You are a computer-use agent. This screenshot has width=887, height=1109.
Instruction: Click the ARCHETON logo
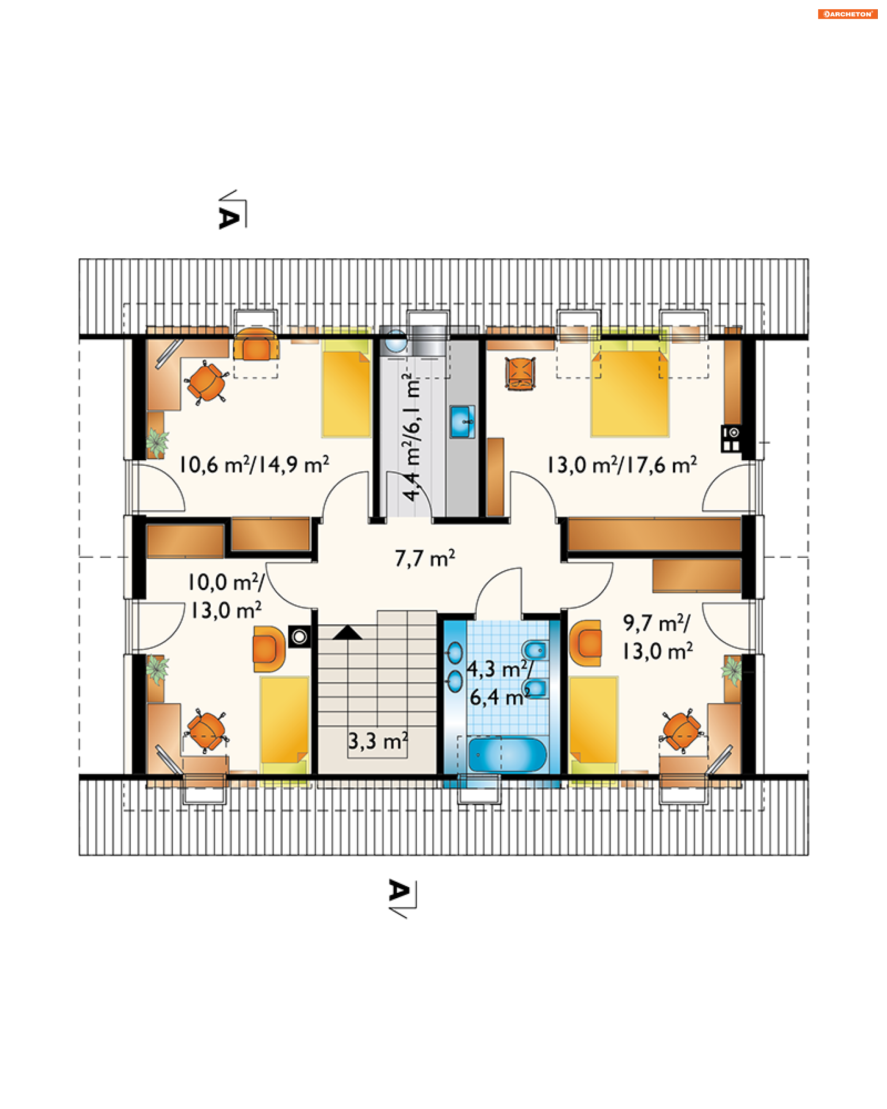pyautogui.click(x=847, y=14)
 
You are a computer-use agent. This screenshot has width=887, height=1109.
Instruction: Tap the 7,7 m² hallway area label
pyautogui.click(x=425, y=558)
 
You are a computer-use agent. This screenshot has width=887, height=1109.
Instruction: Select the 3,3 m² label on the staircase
pyautogui.click(x=378, y=741)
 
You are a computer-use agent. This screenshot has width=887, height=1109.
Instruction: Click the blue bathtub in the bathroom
pyautogui.click(x=507, y=755)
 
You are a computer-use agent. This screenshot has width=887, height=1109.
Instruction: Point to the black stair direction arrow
pyautogui.click(x=347, y=632)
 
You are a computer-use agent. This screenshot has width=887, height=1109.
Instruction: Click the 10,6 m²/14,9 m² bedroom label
pyautogui.click(x=254, y=464)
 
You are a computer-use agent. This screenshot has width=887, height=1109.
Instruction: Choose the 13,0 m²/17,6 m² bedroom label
pyautogui.click(x=622, y=465)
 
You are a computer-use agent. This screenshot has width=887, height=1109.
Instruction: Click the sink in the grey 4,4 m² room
pyautogui.click(x=462, y=422)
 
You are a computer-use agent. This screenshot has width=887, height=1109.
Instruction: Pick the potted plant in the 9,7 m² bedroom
pyautogui.click(x=732, y=670)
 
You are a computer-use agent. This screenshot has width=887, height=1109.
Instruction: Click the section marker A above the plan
pyautogui.click(x=229, y=218)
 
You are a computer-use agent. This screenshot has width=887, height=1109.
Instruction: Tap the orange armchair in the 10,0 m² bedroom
pyautogui.click(x=269, y=649)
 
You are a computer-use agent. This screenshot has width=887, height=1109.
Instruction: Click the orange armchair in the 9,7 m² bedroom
pyautogui.click(x=586, y=643)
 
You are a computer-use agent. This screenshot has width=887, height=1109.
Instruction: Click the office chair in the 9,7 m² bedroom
pyautogui.click(x=682, y=731)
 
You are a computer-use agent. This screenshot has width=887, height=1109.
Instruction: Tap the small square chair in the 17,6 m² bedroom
pyautogui.click(x=520, y=373)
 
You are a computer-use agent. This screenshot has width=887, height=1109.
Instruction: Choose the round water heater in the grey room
pyautogui.click(x=396, y=341)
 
